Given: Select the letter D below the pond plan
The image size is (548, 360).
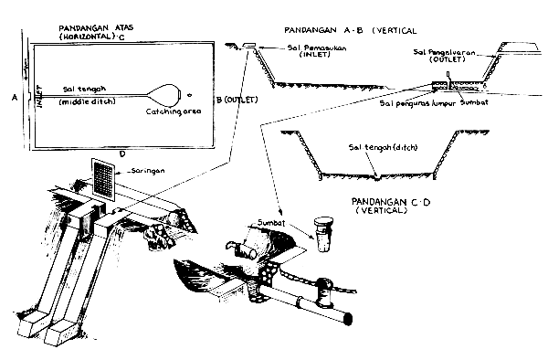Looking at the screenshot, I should click(121, 154).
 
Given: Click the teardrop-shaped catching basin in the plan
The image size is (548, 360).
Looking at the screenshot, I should click(165, 92).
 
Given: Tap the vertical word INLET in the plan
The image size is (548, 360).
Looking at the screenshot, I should click(38, 91).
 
